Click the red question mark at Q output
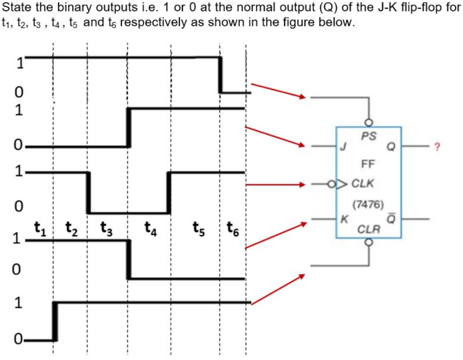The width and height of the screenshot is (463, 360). (437, 147)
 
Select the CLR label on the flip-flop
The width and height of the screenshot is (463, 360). (369, 228)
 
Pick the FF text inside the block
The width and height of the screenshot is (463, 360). (368, 165)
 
